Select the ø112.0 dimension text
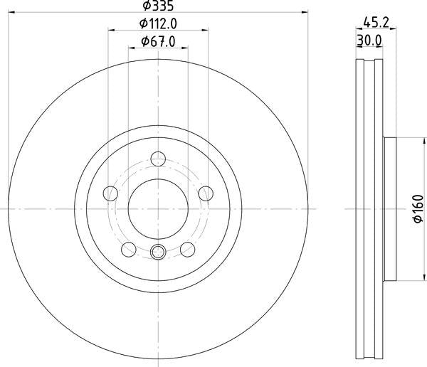pos(158,23)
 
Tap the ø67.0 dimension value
pos(158,41)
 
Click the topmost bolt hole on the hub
pos(158,159)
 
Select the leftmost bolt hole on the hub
pos(110,193)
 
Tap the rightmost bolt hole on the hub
pos(206,193)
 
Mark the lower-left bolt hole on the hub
pos(129,248)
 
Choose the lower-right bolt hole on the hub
pos(188,248)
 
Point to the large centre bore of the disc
pos(158,208)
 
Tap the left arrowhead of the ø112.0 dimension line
pos(111,30)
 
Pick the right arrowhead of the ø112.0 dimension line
pos(205,30)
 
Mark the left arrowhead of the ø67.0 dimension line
pos(131,48)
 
